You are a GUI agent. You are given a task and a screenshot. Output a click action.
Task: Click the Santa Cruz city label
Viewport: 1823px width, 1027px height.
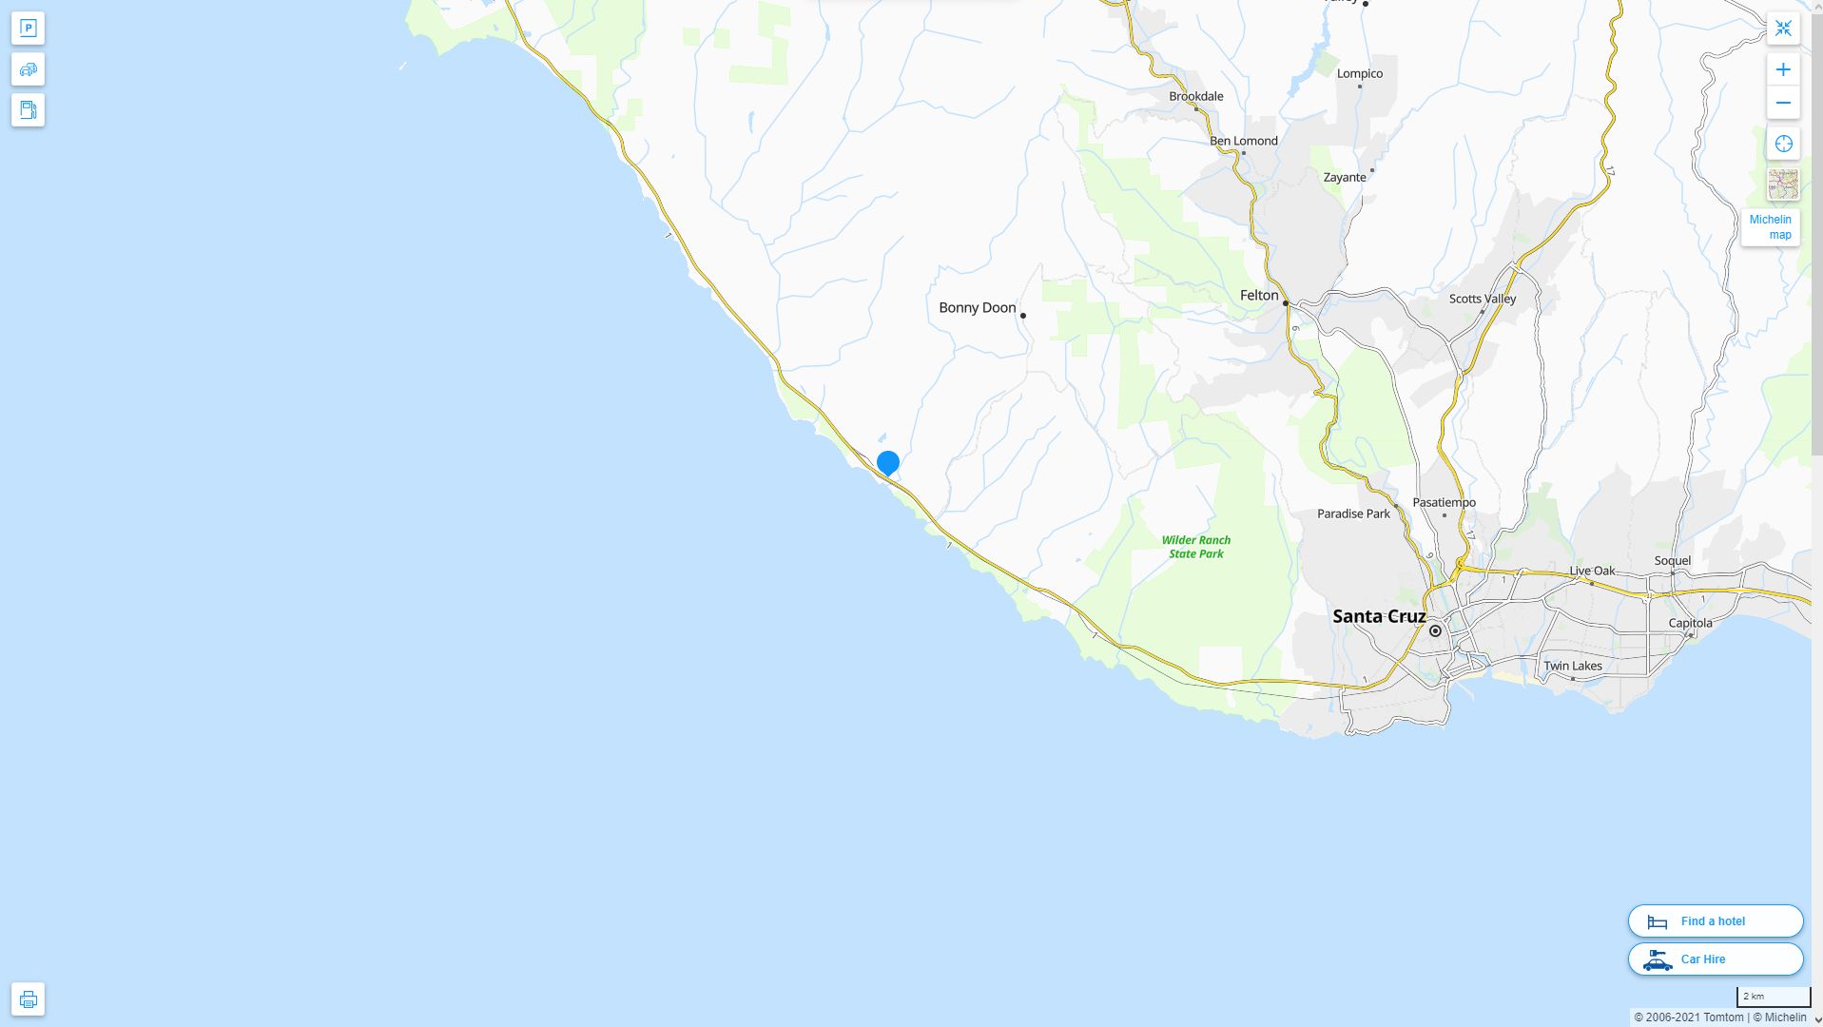(1378, 616)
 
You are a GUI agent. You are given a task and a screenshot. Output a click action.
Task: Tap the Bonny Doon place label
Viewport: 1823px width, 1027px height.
(977, 307)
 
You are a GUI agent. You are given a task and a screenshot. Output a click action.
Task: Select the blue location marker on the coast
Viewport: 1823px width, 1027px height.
(887, 463)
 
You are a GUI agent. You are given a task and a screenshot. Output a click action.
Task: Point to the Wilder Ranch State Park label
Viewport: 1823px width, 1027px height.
(1195, 547)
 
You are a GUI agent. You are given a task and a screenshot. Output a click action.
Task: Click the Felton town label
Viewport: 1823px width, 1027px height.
(1258, 296)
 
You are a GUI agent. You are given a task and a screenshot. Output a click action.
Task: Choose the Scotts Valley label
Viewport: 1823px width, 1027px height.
(1482, 299)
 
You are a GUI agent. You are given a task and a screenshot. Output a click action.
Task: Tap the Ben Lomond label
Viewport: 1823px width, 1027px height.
(1243, 141)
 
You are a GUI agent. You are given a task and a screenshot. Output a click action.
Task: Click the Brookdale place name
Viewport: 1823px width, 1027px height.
(1195, 96)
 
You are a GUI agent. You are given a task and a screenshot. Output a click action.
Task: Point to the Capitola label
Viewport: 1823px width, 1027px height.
(1689, 623)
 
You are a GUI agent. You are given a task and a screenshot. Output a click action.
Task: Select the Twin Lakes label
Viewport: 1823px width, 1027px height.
(1572, 666)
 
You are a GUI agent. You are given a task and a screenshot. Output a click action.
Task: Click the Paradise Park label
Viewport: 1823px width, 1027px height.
(1352, 513)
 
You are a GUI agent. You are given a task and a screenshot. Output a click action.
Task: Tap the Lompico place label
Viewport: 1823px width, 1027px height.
(1359, 73)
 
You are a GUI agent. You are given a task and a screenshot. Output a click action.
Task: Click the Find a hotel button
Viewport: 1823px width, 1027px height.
(1715, 920)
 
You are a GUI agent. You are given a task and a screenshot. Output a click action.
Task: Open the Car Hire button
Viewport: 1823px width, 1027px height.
(1715, 959)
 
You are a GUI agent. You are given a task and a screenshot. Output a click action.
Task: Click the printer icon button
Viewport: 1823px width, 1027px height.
(28, 999)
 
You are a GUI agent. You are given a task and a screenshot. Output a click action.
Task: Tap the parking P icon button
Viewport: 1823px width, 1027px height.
(28, 29)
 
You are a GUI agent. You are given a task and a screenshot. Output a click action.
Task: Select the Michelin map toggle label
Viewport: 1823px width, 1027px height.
(1770, 227)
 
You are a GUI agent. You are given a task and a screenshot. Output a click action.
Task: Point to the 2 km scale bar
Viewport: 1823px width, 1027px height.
(1773, 997)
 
